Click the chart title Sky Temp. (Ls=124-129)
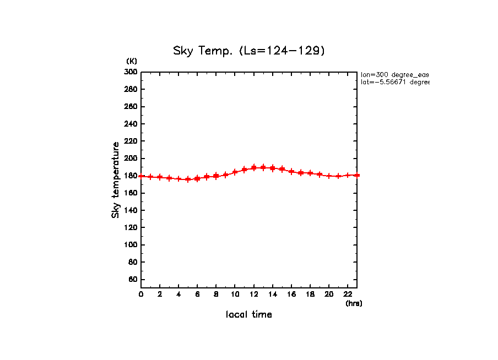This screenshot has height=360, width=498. coord(249,51)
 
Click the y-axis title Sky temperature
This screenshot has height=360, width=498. coord(116,179)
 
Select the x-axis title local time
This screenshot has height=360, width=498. coord(249,315)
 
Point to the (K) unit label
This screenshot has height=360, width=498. coord(132,61)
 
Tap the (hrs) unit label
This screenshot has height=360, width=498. coord(354,303)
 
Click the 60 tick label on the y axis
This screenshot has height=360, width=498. coord(133,280)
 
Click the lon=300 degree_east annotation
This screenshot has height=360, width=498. coord(394,74)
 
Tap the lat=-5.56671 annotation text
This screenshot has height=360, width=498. coord(394,82)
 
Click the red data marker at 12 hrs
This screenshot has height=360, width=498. coord(254,167)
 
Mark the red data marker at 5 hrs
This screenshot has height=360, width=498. coord(188,179)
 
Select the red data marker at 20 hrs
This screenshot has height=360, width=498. coord(329,176)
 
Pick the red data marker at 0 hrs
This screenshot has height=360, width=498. coord(142,176)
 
